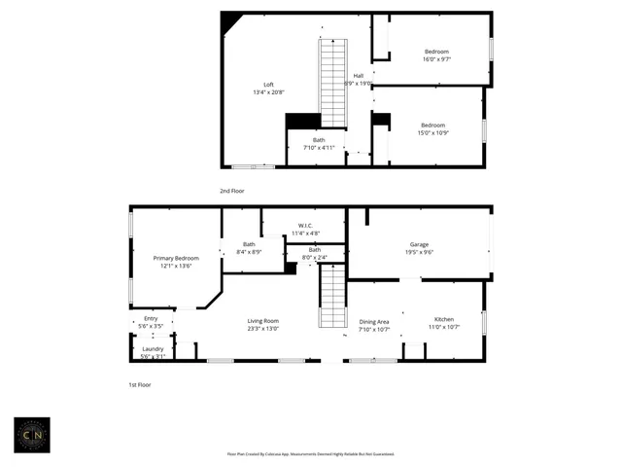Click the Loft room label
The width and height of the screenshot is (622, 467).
coord(269,85)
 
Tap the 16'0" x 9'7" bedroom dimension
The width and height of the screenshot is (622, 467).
coord(437,59)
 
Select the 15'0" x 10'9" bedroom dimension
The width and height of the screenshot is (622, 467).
coord(432,133)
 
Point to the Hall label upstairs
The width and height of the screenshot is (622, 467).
coord(359,76)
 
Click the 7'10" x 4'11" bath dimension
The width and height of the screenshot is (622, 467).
coord(319,147)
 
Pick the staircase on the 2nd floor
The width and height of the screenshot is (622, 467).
coord(333,83)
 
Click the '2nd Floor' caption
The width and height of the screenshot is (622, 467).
coord(232,191)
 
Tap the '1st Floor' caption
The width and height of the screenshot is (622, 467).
coord(141,385)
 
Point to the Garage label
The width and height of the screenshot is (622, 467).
coord(419,244)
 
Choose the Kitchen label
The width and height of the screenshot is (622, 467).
coord(443,320)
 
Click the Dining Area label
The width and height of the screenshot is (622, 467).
coord(374,321)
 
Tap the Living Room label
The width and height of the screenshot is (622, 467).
coord(262,321)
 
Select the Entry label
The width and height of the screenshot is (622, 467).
coord(151,318)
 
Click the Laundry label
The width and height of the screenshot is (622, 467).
coord(153,349)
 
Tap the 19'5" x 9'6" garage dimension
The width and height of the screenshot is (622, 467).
coord(419,252)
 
